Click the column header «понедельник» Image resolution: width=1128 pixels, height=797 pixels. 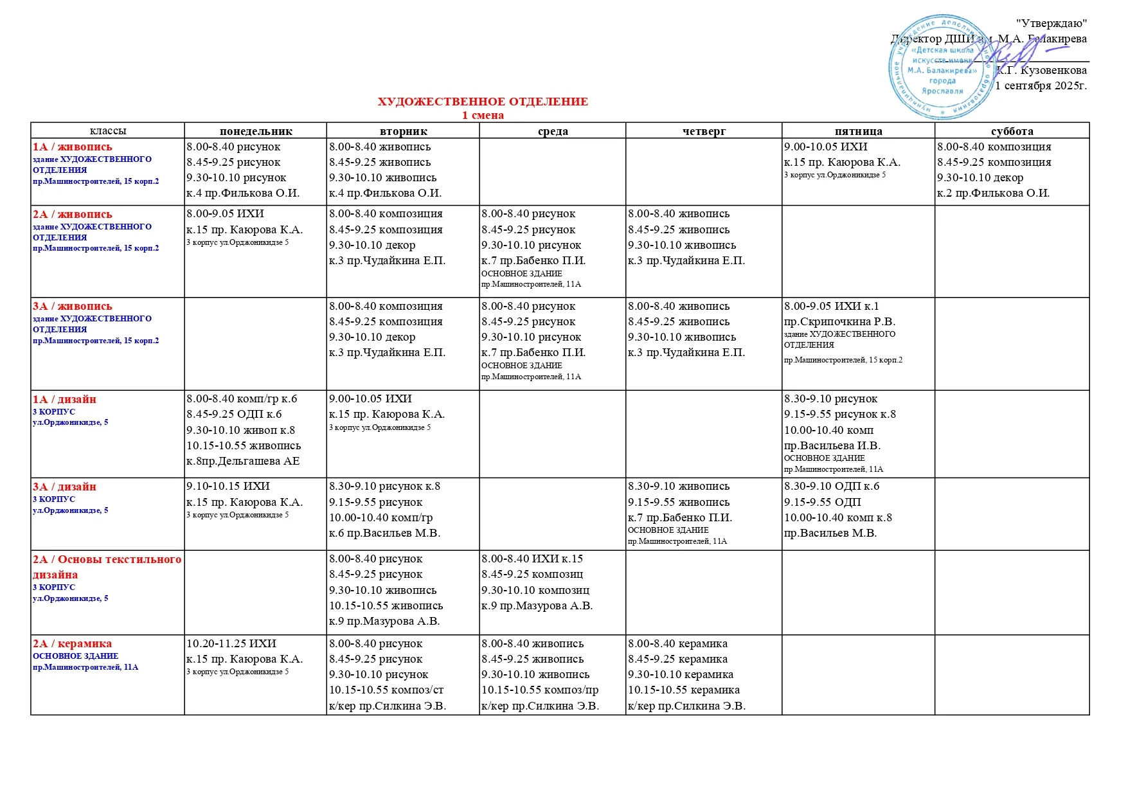pyautogui.click(x=256, y=131)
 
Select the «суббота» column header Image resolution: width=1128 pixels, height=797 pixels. pyautogui.click(x=1012, y=131)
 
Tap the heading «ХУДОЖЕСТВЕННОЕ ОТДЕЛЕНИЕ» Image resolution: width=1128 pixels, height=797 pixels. pyautogui.click(x=483, y=102)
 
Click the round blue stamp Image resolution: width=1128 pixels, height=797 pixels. pyautogui.click(x=941, y=67)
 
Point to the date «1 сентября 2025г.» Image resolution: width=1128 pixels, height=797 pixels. pyautogui.click(x=1041, y=85)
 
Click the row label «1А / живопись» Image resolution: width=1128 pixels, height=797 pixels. pyautogui.click(x=73, y=147)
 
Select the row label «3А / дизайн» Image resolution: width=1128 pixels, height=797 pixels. pyautogui.click(x=65, y=487)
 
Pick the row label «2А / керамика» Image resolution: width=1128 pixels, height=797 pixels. pyautogui.click(x=73, y=644)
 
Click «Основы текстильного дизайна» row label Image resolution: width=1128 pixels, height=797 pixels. pyautogui.click(x=107, y=567)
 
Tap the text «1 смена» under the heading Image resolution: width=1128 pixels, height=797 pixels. pyautogui.click(x=483, y=116)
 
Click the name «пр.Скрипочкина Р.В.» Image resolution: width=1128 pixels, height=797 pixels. pyautogui.click(x=839, y=321)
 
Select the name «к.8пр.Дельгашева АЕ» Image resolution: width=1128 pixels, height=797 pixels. pyautogui.click(x=243, y=461)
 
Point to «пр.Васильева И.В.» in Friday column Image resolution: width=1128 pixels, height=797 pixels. pyautogui.click(x=832, y=445)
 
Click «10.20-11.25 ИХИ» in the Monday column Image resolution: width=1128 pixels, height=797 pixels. pyautogui.click(x=231, y=644)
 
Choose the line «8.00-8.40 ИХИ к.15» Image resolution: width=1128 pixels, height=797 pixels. pyautogui.click(x=532, y=559)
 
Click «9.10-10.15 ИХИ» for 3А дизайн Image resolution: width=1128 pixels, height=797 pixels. pyautogui.click(x=228, y=487)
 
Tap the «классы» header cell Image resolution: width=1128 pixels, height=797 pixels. pyautogui.click(x=107, y=131)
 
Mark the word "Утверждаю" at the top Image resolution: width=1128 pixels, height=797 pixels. pyautogui.click(x=1052, y=24)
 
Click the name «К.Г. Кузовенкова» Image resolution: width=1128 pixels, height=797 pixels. pyautogui.click(x=1042, y=70)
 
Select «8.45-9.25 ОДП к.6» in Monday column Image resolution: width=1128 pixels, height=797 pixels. pyautogui.click(x=234, y=415)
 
